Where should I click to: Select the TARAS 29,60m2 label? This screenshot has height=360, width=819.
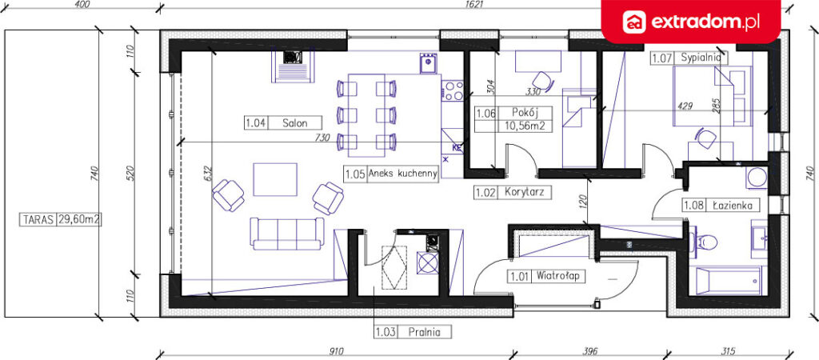coord(60,219)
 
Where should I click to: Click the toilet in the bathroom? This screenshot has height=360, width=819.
coord(706,242)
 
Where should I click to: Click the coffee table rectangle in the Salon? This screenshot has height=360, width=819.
coord(275,179)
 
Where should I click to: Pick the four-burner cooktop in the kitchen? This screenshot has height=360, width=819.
coord(453,90)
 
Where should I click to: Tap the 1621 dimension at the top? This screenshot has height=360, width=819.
coord(475,5)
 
